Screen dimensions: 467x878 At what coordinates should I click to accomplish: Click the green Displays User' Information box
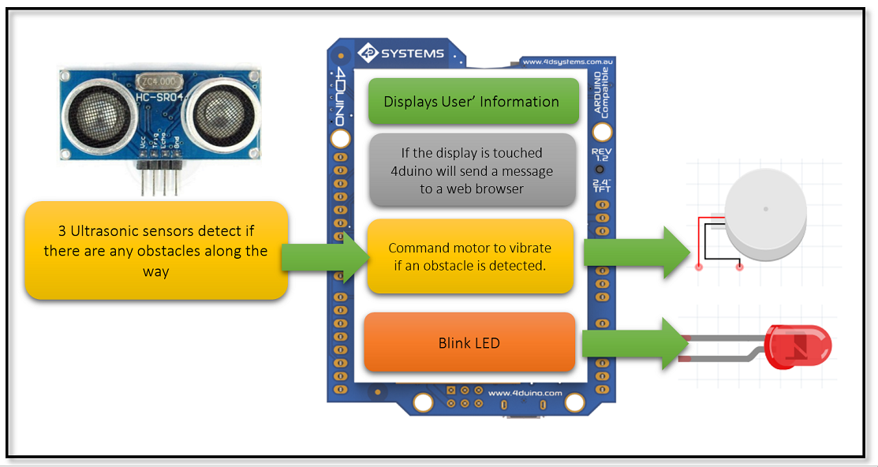click(x=471, y=102)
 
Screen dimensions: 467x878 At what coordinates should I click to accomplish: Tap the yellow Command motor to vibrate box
click(x=469, y=256)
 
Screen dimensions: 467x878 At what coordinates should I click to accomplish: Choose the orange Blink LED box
click(x=469, y=343)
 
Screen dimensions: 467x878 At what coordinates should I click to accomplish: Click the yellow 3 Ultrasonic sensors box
click(x=156, y=251)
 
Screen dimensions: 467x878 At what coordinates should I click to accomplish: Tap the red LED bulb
click(x=798, y=346)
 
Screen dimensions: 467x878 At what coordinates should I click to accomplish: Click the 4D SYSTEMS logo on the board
click(x=402, y=54)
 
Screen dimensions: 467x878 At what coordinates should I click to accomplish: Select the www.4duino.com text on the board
click(x=525, y=392)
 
